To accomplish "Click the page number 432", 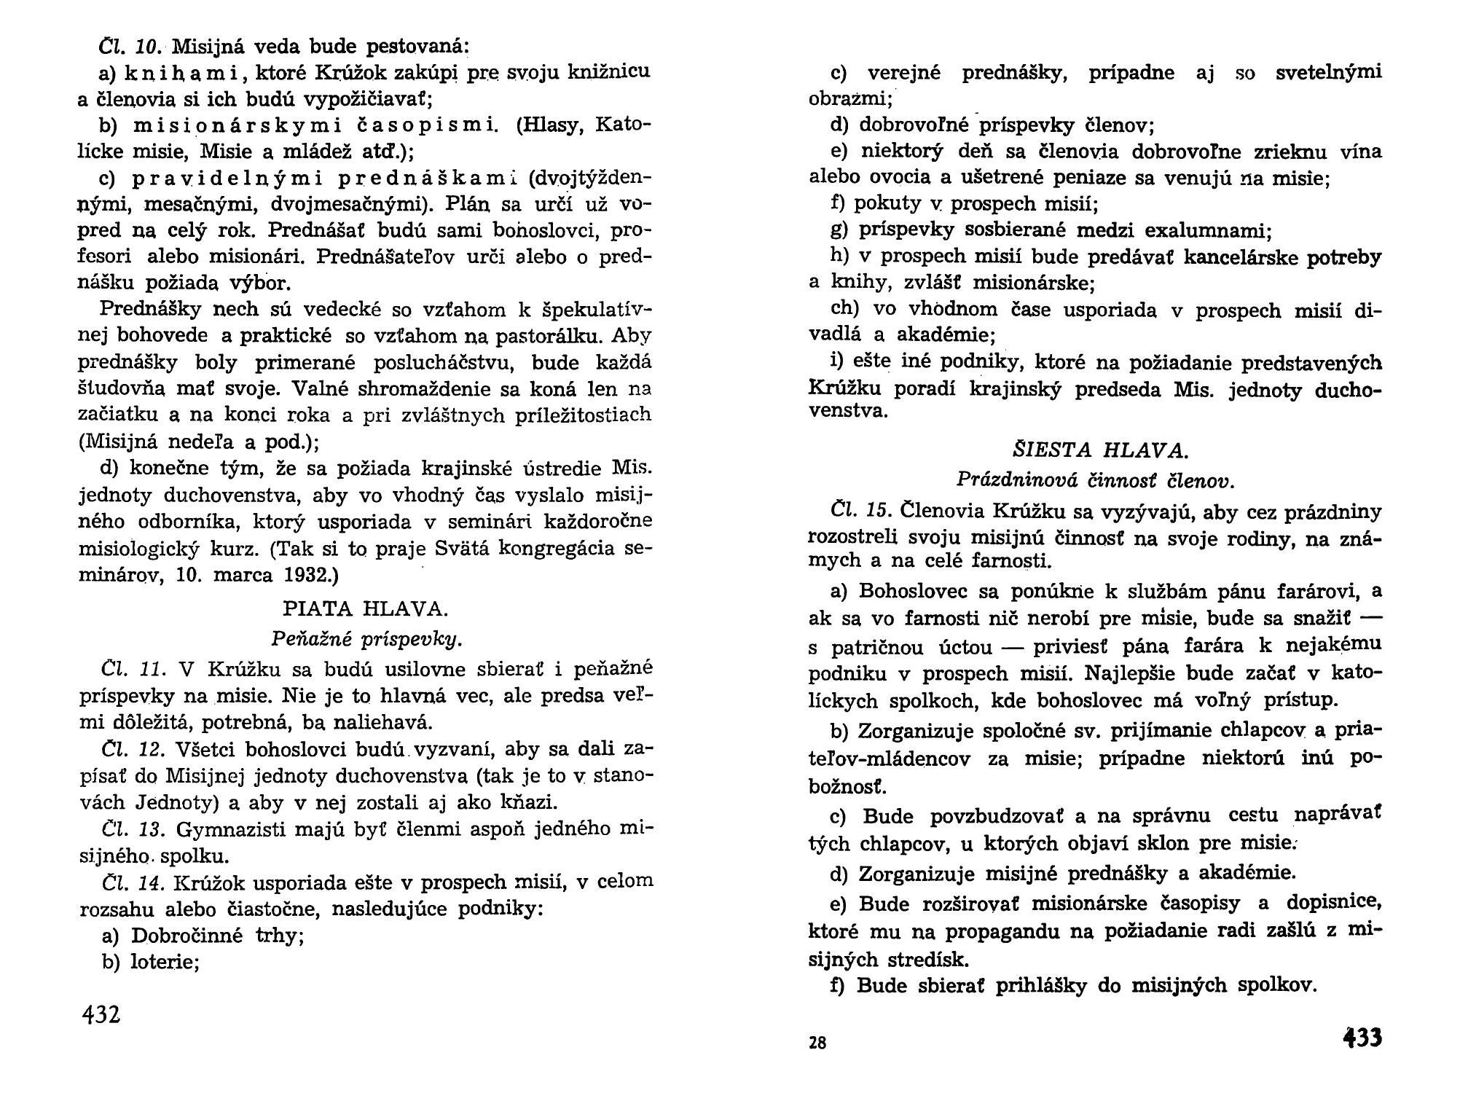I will tap(102, 1014).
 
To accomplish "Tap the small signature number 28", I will tap(817, 1043).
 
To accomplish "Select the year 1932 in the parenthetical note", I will tap(305, 575).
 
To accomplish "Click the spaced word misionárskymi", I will tap(241, 126).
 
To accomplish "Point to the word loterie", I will tap(164, 962).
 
